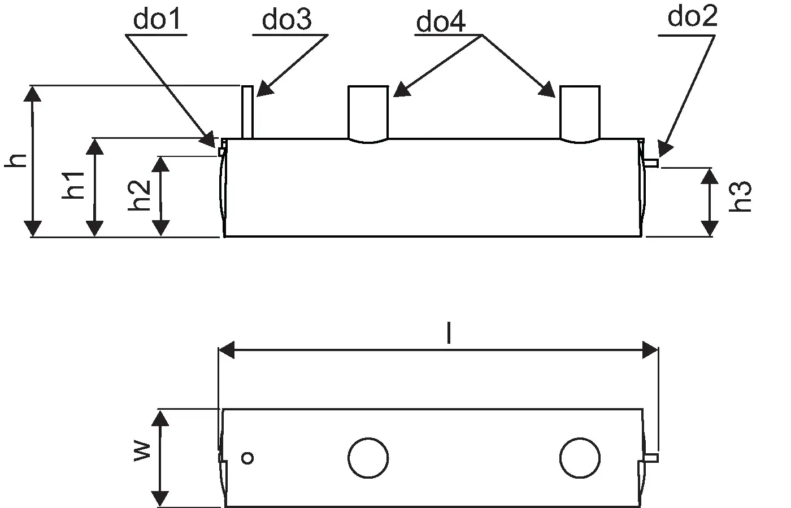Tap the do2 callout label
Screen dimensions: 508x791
click(692, 17)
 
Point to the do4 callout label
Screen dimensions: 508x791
click(441, 22)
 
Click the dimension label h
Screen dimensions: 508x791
click(18, 160)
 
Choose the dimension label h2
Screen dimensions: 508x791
click(140, 195)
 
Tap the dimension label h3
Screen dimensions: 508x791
click(740, 196)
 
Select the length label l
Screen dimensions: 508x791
click(449, 334)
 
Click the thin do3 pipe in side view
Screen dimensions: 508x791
click(247, 112)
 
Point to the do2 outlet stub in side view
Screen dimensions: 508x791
click(651, 163)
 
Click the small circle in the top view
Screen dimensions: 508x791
click(247, 458)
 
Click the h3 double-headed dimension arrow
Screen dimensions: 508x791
click(710, 202)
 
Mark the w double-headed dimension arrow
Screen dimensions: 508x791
click(161, 458)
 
